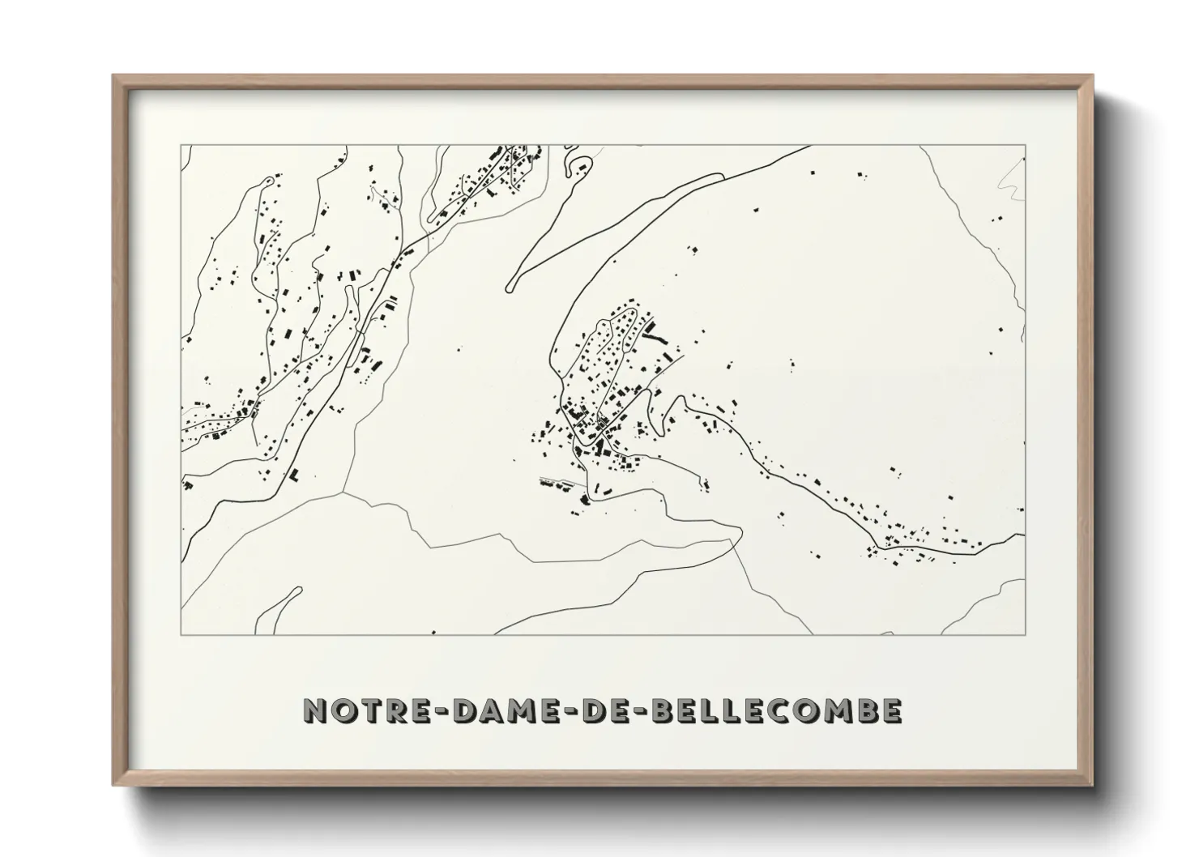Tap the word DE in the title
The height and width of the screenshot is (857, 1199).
(x=604, y=710)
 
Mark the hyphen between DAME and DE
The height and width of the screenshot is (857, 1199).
(x=565, y=711)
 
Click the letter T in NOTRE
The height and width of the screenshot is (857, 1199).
(x=368, y=710)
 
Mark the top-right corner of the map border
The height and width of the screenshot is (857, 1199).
(x=1026, y=145)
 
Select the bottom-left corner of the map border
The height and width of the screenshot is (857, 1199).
(x=181, y=635)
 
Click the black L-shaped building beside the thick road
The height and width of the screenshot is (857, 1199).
(x=294, y=473)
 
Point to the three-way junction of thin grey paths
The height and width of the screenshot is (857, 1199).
(x=343, y=491)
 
